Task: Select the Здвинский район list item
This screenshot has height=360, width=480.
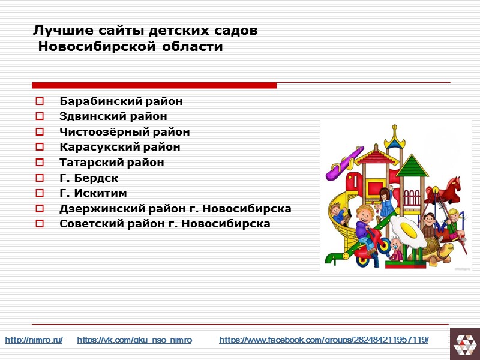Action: [113, 116]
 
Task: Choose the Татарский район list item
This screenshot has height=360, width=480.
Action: [112, 163]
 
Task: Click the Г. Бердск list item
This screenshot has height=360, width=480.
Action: [89, 178]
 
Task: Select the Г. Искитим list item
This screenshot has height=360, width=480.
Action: [93, 193]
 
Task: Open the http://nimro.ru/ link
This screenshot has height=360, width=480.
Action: [34, 340]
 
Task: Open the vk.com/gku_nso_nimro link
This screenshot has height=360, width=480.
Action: [134, 340]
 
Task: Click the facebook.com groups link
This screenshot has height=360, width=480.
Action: [324, 340]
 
